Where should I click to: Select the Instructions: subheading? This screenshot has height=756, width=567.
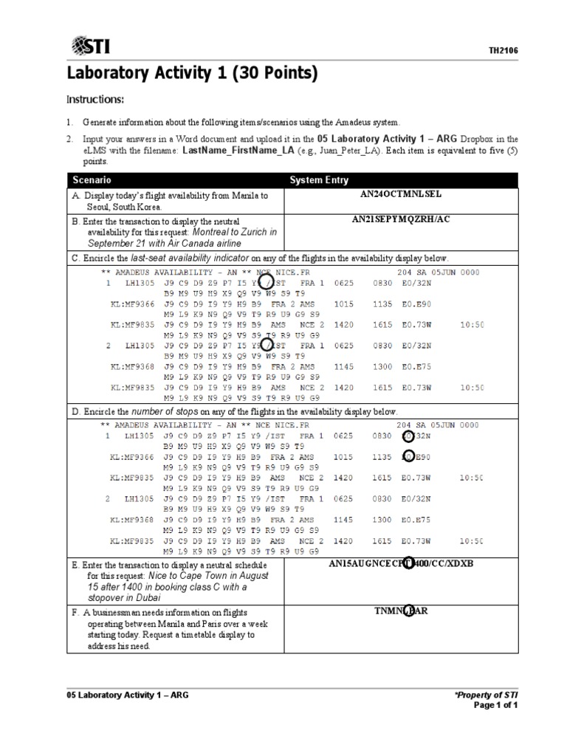point(96,100)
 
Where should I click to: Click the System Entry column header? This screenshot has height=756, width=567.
point(319,180)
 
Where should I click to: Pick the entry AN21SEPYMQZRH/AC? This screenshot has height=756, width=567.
point(402,219)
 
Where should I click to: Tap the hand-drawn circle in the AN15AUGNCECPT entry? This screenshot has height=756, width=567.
point(410,564)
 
